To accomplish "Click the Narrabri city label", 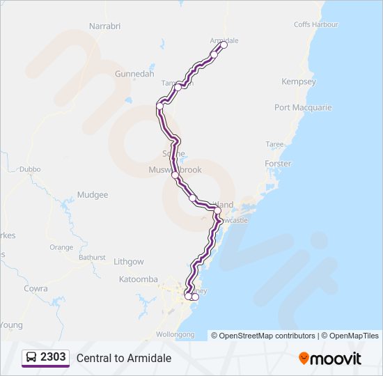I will [105, 26].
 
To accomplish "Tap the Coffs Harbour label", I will [315, 24].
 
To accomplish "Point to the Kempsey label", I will [298, 82].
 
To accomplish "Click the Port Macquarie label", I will [303, 108].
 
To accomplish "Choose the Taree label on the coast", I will [275, 144].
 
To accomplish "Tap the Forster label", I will [278, 164].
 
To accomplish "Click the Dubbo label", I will [31, 169].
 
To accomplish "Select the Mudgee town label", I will [93, 195].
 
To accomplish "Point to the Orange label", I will [61, 247].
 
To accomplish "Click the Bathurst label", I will [92, 258].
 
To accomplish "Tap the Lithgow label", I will [129, 262].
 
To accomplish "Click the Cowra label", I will [36, 288].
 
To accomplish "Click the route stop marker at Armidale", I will [224, 45].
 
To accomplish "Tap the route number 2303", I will [54, 357].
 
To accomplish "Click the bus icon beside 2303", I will [31, 358].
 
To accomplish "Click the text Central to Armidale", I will [124, 358].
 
